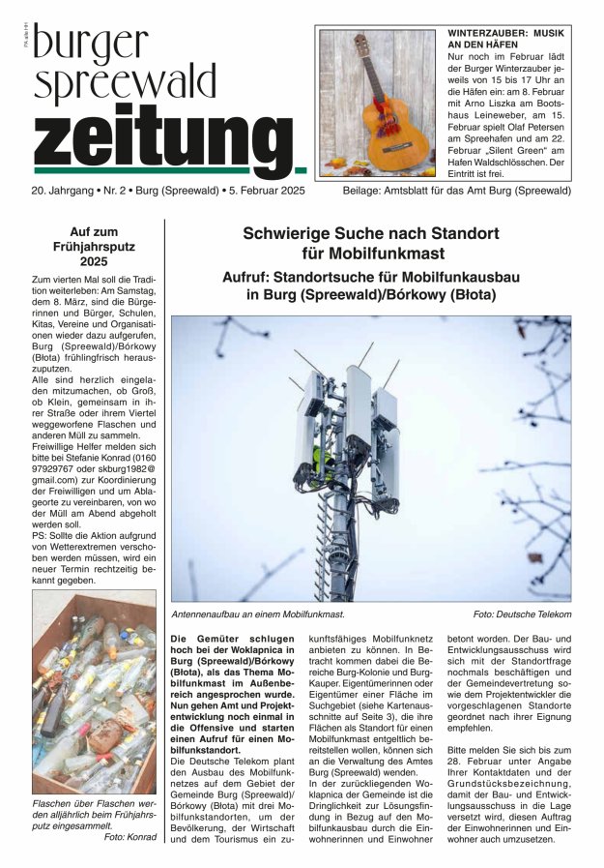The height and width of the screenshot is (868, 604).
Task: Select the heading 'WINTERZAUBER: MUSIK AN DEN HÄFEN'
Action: coord(507,39)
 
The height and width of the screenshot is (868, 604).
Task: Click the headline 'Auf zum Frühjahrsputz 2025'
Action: coord(95,247)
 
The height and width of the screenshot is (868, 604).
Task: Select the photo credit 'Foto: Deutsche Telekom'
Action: coord(522,614)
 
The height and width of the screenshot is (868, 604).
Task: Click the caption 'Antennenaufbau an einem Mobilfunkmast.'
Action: coord(258,614)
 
